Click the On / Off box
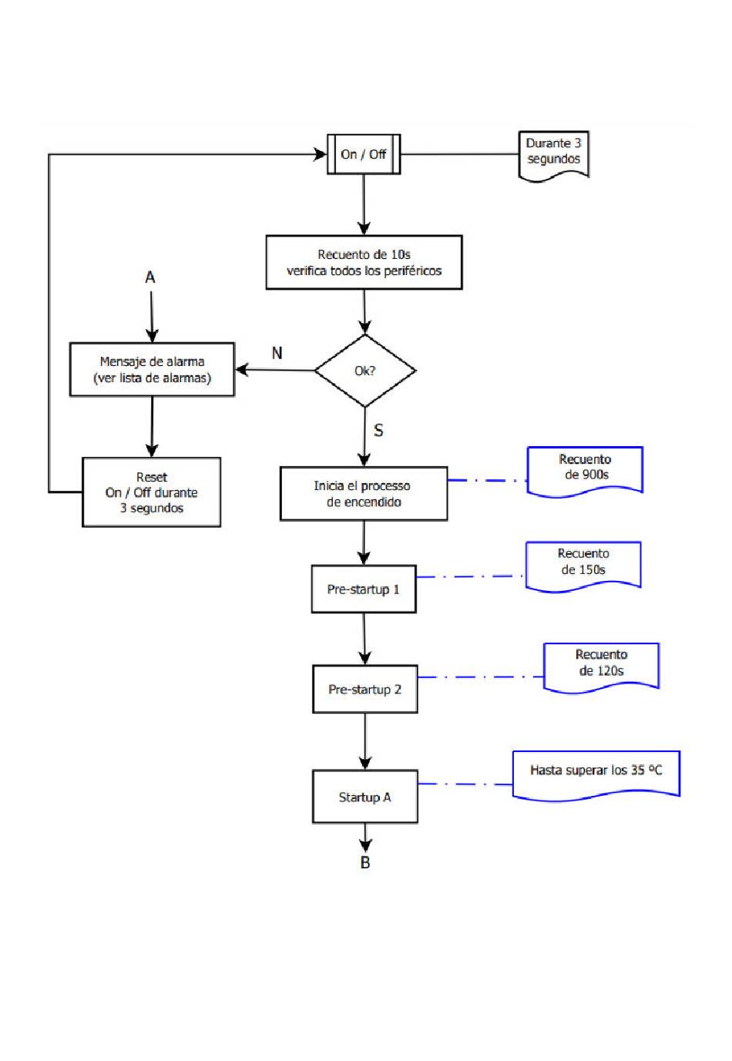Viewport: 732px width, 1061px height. click(364, 154)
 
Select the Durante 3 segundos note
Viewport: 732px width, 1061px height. click(553, 156)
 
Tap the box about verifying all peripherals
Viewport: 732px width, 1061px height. click(364, 263)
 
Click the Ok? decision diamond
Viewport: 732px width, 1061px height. click(365, 371)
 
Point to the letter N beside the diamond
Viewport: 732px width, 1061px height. click(277, 353)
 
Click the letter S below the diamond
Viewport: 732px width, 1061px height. click(378, 430)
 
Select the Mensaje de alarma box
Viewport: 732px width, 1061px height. click(152, 369)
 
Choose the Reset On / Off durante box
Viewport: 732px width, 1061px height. click(152, 492)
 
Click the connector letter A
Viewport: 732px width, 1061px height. click(150, 277)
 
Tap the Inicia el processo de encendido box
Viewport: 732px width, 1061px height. click(364, 494)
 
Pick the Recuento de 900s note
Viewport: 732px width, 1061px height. click(585, 471)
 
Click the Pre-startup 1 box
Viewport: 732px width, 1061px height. click(364, 589)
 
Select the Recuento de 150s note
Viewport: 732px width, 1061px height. click(583, 566)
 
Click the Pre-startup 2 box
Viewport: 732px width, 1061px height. click(364, 689)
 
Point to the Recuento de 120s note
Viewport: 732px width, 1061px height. click(601, 667)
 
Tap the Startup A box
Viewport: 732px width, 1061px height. click(364, 797)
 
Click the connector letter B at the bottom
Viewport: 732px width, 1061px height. click(364, 862)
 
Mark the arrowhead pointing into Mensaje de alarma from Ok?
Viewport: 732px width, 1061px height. click(242, 369)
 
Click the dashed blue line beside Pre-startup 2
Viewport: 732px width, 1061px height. click(480, 677)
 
